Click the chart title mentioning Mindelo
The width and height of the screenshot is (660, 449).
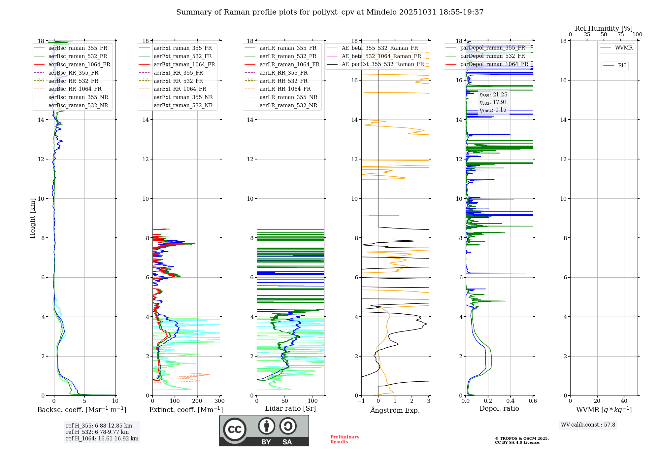point(330,12)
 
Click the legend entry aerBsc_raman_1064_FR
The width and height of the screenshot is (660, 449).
point(79,64)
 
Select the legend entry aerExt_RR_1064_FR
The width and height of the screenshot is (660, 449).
point(180,89)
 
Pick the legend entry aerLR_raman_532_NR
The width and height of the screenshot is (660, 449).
point(288,105)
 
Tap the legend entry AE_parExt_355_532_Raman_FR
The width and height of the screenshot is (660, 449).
point(382,64)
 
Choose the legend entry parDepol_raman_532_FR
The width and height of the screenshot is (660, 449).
point(492,56)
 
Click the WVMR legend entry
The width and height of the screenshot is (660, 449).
point(623,48)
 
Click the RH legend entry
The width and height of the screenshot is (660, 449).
point(622,66)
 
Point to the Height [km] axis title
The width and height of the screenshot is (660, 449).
point(32,218)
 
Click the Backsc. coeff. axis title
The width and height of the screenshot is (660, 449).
point(82,410)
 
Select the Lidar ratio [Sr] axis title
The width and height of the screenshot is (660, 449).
point(290,408)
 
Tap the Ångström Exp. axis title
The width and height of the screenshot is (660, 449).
point(395,410)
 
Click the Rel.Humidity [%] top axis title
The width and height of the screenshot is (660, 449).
point(604,28)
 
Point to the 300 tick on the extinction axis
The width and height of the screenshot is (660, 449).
point(219,401)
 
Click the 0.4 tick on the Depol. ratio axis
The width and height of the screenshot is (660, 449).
point(510,401)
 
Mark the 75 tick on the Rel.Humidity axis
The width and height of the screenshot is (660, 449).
point(620,35)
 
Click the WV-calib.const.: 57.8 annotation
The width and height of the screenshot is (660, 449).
point(588,425)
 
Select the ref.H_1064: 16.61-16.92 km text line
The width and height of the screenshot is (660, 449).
point(102,439)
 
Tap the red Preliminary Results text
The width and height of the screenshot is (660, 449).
point(345,439)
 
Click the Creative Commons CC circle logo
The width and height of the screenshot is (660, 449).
point(235,430)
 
